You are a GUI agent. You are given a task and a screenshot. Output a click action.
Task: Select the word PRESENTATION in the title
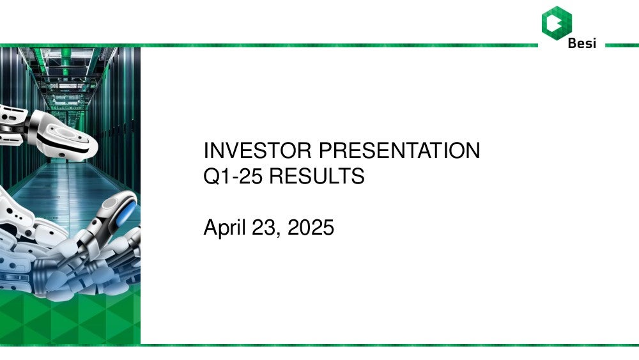(x=399, y=150)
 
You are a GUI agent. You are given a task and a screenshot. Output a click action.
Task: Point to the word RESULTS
(x=317, y=176)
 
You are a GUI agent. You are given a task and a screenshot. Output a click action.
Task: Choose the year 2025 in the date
(x=311, y=227)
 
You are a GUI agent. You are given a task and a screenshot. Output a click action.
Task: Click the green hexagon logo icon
(x=557, y=23)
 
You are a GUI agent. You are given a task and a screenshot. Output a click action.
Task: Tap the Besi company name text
(x=582, y=43)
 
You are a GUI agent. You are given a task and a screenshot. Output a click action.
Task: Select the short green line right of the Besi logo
(x=622, y=45)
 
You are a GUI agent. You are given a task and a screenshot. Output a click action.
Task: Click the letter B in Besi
(x=573, y=43)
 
